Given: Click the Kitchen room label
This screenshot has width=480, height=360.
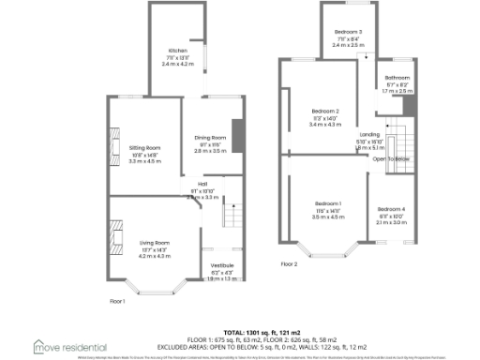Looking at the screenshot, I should point(177,51).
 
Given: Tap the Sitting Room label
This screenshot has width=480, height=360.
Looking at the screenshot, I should point(145,147).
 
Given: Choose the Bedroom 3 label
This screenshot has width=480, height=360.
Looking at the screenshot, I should point(348,33).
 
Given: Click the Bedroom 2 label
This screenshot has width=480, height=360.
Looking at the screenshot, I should point(324,112).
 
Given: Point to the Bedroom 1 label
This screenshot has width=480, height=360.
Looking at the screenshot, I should point(328,204).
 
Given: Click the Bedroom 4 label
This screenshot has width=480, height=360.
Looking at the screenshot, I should point(392,209).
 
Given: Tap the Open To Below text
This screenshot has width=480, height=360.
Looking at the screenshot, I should point(393,159).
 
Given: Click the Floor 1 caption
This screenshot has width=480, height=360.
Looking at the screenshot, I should point(118,301).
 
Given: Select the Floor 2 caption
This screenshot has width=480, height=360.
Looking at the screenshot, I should point(289,264).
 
